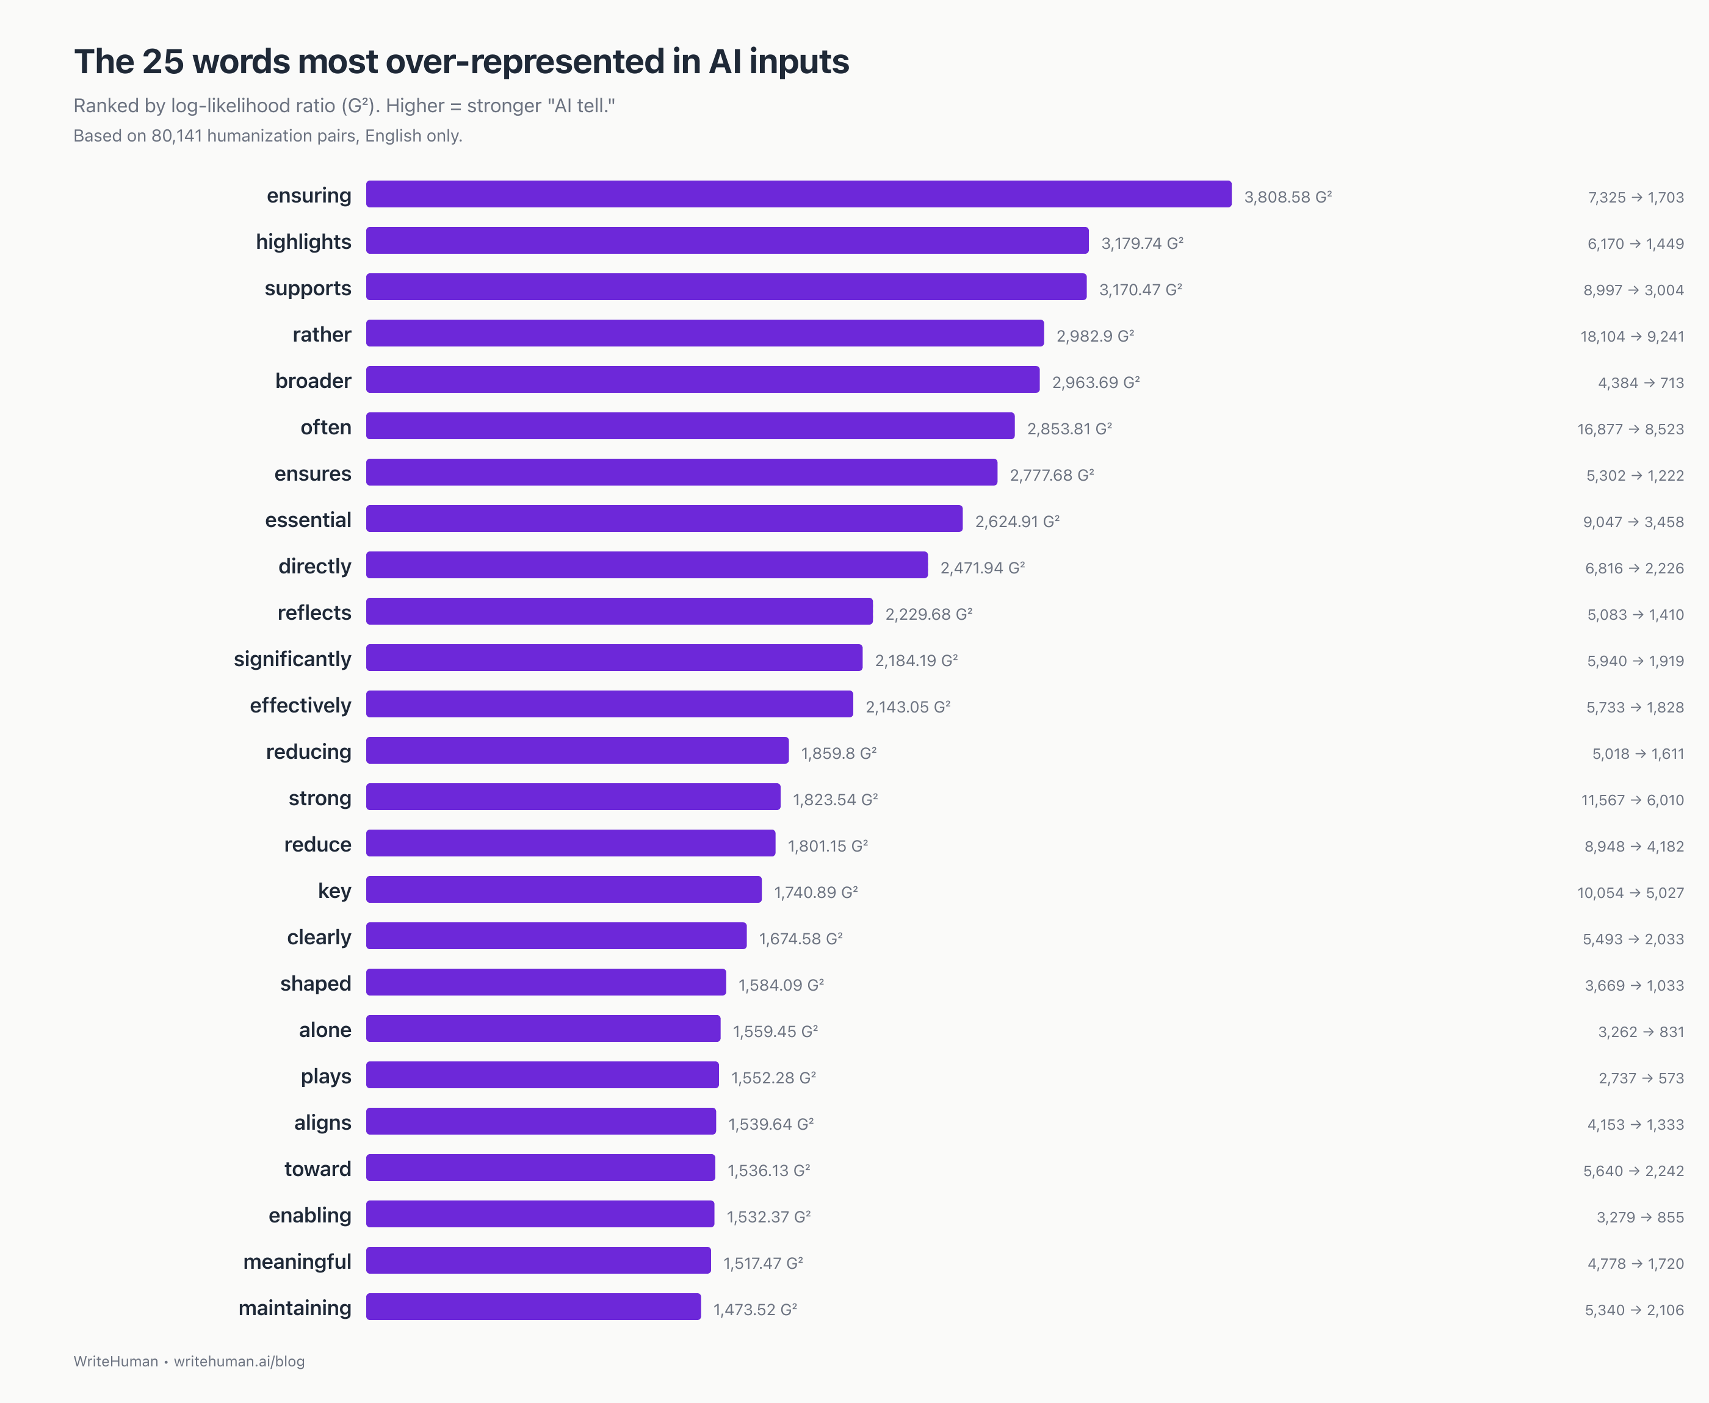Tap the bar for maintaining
tap(533, 1307)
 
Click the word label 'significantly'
tap(292, 659)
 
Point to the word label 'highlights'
tap(303, 242)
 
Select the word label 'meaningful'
tap(297, 1261)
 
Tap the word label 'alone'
tap(325, 1030)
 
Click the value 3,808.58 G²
tap(1287, 197)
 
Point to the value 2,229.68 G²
tap(928, 614)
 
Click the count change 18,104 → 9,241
tap(1631, 336)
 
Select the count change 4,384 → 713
tap(1640, 383)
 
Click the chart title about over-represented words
tap(461, 62)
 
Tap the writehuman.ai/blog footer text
tap(239, 1361)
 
